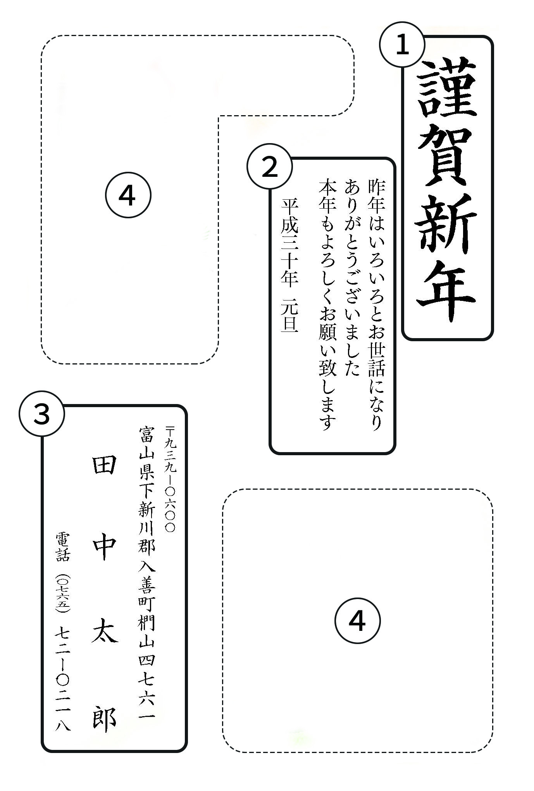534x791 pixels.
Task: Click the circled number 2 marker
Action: (270, 167)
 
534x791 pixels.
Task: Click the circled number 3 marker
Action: (42, 414)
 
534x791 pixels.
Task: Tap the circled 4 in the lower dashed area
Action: (357, 621)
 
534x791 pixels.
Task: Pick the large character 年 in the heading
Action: (447, 290)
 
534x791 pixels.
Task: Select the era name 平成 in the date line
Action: (290, 216)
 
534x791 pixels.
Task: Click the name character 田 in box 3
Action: (104, 465)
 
